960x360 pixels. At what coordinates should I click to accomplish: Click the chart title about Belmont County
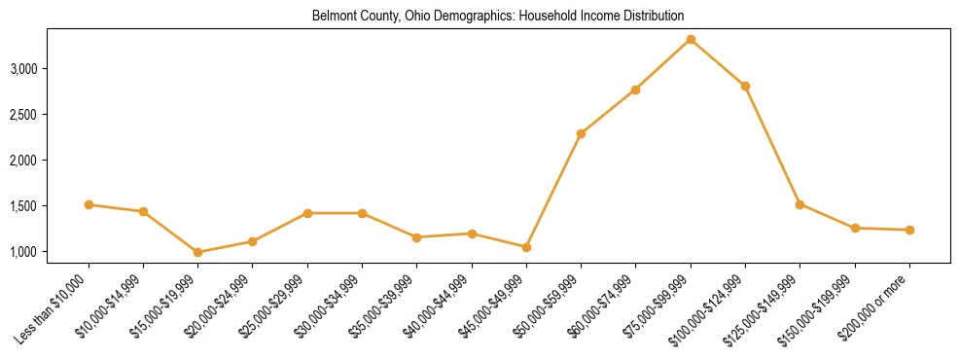[x=498, y=17]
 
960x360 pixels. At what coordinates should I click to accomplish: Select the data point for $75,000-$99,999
[x=691, y=40]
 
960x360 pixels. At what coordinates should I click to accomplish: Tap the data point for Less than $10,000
[x=89, y=204]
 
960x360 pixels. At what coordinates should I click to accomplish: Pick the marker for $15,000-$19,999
[x=197, y=252]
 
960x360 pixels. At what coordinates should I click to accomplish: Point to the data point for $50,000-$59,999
[x=581, y=133]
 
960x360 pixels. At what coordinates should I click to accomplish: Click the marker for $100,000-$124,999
[x=745, y=87]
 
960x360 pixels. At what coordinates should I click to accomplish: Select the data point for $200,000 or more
[x=909, y=230]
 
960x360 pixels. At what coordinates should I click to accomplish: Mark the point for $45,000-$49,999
[x=526, y=247]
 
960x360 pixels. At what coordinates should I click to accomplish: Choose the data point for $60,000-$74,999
[x=635, y=90]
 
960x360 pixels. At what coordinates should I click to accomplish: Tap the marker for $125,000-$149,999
[x=800, y=204]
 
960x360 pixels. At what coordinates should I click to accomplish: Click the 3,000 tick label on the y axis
[x=51, y=69]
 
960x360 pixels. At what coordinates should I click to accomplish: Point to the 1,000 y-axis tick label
[x=51, y=252]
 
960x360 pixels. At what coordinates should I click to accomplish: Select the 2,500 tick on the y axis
[x=51, y=115]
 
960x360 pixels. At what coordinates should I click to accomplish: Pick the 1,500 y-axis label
[x=51, y=206]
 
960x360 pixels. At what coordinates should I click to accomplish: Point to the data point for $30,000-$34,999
[x=362, y=213]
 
